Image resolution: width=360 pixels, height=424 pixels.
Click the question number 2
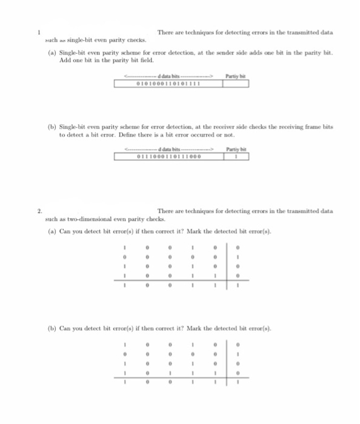coord(38,211)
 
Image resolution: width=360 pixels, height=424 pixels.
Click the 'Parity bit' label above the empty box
coord(234,76)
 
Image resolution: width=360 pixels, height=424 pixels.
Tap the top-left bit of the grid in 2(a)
coord(124,246)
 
